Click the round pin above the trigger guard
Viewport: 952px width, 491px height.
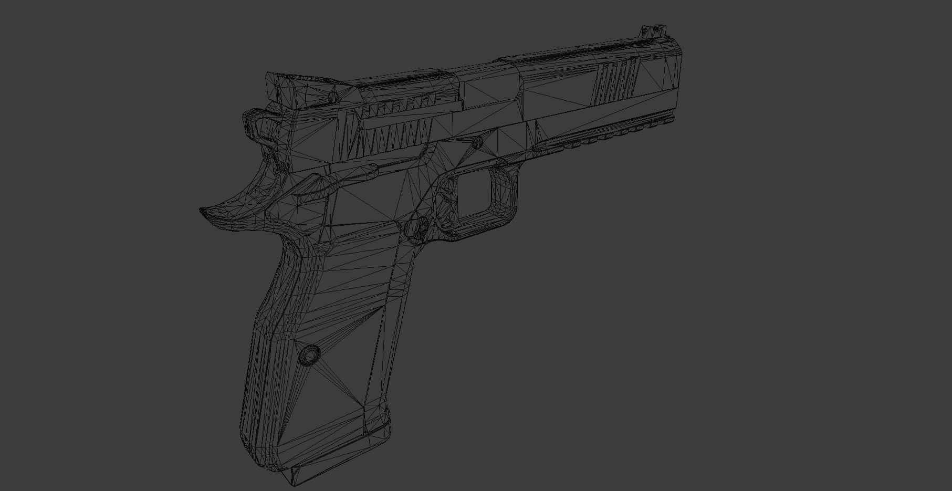pyautogui.click(x=477, y=142)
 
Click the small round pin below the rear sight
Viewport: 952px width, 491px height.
pyautogui.click(x=332, y=98)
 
